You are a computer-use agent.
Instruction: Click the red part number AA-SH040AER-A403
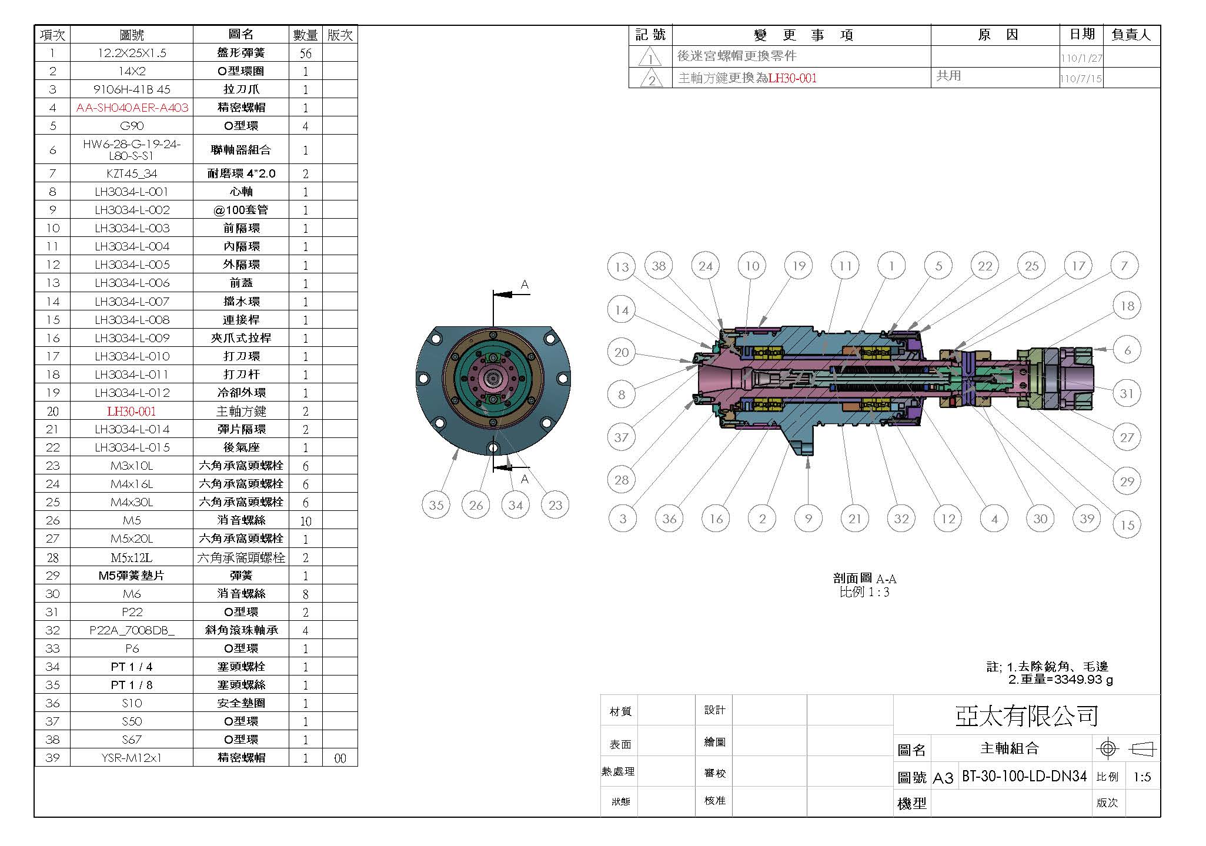coord(132,108)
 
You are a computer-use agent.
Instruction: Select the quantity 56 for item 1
coord(305,53)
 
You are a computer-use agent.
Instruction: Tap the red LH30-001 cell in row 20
coord(132,411)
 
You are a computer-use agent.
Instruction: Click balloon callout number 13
coord(622,267)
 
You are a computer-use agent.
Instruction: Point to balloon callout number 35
coord(436,505)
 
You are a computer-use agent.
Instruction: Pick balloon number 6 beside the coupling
coord(1127,350)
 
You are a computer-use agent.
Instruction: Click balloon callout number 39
coord(1087,519)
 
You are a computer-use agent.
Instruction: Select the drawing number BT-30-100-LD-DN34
coord(1024,776)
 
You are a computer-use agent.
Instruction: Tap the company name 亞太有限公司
coord(1026,715)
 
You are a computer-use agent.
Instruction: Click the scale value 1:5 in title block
coord(1142,777)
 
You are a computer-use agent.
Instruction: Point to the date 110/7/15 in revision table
coord(1081,79)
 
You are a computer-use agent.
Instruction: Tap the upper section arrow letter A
coord(525,285)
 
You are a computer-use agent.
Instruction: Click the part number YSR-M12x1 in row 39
coord(132,758)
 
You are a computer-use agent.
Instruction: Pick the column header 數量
coord(305,35)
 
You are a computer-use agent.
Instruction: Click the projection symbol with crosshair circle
coord(1108,748)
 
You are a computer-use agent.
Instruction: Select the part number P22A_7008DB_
coord(132,630)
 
